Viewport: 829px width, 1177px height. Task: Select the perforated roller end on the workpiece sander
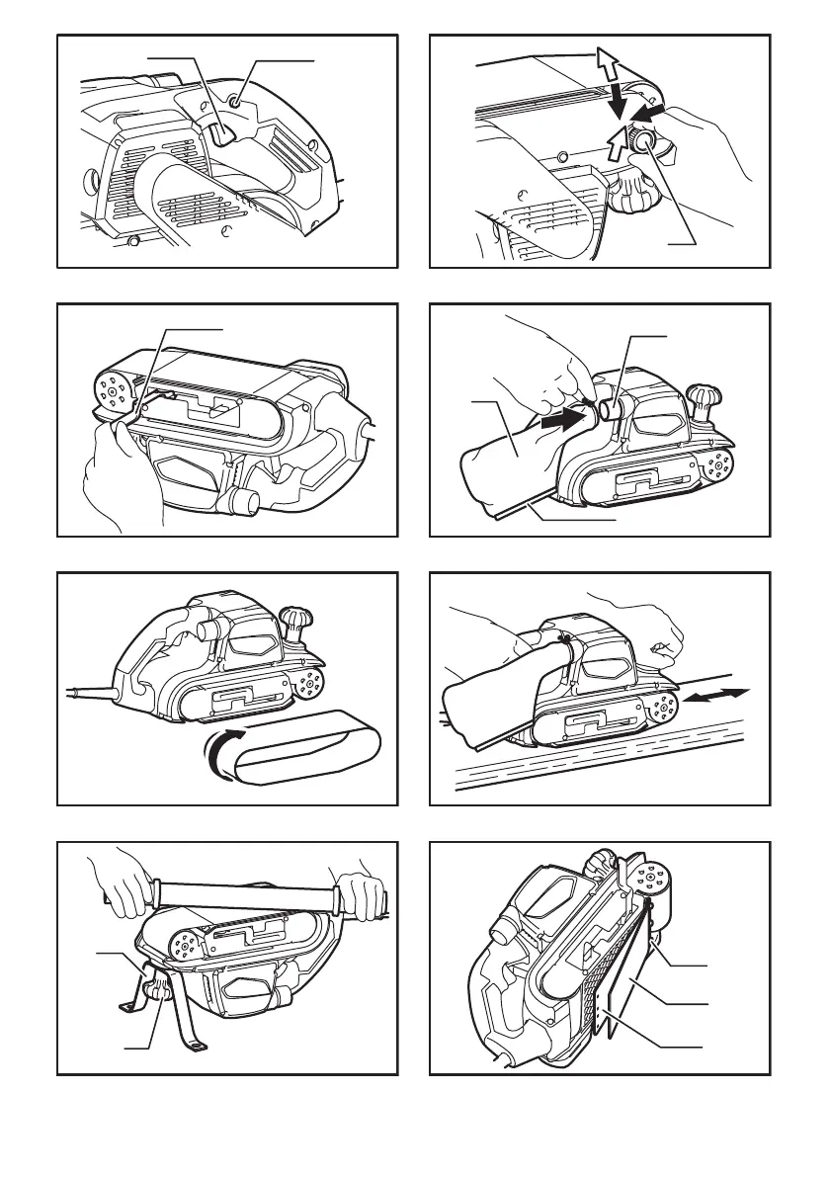coord(661,706)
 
